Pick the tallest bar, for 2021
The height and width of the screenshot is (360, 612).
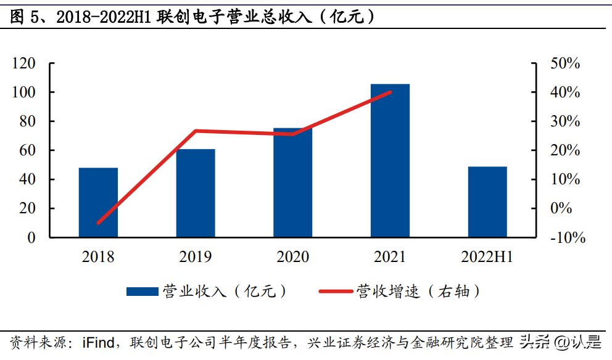tap(390, 160)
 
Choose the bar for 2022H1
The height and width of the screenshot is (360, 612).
tap(487, 202)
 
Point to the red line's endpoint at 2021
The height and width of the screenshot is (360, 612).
tap(391, 92)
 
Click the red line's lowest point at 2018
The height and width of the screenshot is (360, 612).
tap(98, 223)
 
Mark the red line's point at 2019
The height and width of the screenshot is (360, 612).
tap(196, 131)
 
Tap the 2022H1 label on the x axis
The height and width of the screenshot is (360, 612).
tap(487, 256)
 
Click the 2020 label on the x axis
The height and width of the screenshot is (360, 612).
tap(292, 256)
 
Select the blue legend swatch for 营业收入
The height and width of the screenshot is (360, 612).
tap(143, 292)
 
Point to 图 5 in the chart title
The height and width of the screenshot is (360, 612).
tap(25, 17)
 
